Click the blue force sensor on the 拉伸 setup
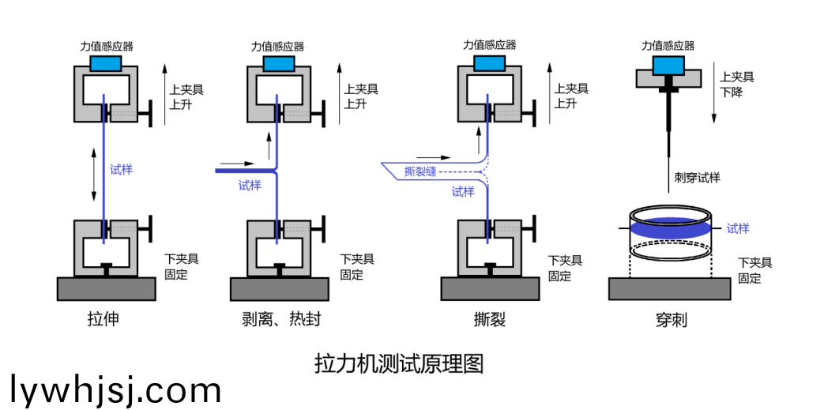pyautogui.click(x=106, y=62)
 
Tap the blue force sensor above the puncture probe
pyautogui.click(x=668, y=62)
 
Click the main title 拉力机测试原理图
pyautogui.click(x=399, y=363)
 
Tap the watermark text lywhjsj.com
pyautogui.click(x=117, y=390)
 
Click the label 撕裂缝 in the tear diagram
pyautogui.click(x=419, y=171)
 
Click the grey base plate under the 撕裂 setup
pyautogui.click(x=490, y=288)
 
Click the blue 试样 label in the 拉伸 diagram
pyautogui.click(x=122, y=169)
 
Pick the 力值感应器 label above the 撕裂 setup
pyautogui.click(x=490, y=45)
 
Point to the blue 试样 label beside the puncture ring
pyautogui.click(x=738, y=228)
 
